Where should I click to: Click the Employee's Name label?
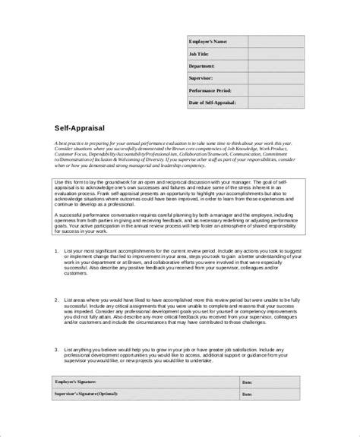(x=208, y=42)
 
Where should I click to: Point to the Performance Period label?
(x=213, y=90)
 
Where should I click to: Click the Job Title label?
(x=201, y=54)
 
